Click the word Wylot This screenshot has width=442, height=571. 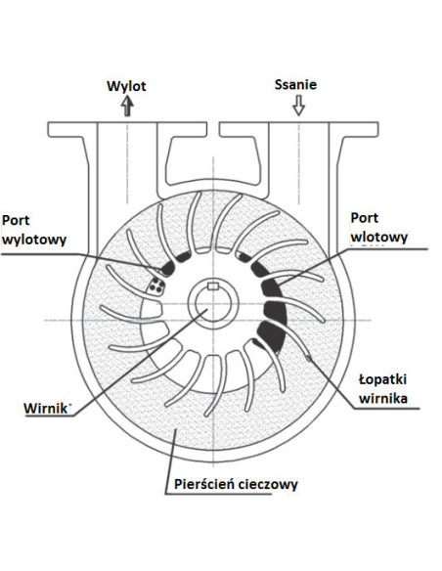click(126, 86)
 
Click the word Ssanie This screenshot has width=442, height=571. click(295, 84)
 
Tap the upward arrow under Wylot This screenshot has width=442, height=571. click(127, 106)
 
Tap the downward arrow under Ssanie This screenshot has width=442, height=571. click(299, 106)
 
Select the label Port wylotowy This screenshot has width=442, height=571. click(34, 230)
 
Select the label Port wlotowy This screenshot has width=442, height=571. click(379, 228)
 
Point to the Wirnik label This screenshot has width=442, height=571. click(46, 408)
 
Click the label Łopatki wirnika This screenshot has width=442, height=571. click(383, 389)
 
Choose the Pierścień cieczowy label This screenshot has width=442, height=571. click(236, 484)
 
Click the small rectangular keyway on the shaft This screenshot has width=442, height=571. click(212, 286)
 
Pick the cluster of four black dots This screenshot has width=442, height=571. click(156, 285)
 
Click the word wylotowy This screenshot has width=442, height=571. click(34, 240)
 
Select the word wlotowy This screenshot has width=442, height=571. click(379, 237)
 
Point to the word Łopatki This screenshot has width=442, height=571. click(383, 379)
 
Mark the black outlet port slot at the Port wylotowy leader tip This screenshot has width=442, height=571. click(168, 269)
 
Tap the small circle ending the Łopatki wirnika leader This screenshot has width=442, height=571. click(309, 358)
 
